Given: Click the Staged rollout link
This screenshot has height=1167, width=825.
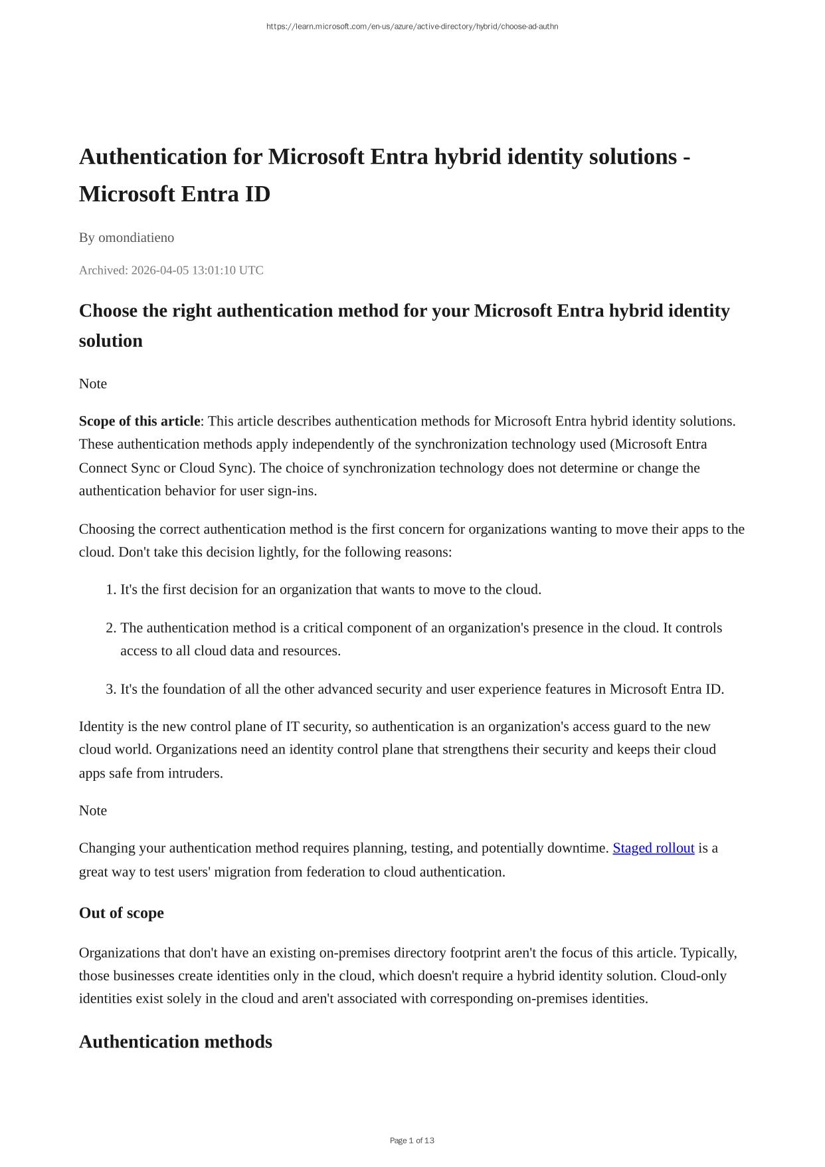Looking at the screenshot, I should point(653,848).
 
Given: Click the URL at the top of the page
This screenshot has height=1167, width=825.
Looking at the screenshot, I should point(412,27).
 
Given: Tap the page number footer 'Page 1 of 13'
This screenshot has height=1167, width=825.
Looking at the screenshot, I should point(412,1140).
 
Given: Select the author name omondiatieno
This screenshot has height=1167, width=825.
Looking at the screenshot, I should point(136,237).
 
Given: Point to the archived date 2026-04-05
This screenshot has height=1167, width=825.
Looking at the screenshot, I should point(159,270).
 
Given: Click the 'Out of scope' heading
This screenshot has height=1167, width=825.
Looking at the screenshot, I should point(121,913).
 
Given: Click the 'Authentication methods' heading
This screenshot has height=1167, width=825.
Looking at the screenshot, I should point(175,1041).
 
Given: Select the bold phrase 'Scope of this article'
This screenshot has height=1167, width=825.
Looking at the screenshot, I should point(139,421).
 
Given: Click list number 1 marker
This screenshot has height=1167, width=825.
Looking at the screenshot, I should point(111,589).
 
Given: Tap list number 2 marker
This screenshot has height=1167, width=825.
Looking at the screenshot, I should point(111,628).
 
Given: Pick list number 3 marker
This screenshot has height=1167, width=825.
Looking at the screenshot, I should point(111,689).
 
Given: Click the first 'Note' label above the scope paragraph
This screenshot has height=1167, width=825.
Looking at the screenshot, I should point(93,383).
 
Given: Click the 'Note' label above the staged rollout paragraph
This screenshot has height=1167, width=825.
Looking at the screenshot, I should point(93,811).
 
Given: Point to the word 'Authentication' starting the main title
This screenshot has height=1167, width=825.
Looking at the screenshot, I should point(153,157).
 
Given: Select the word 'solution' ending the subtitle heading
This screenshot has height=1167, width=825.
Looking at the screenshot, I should point(111,340).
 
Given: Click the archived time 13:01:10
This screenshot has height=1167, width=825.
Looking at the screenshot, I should point(214,270).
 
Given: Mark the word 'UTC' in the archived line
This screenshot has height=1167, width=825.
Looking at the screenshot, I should point(251,270).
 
